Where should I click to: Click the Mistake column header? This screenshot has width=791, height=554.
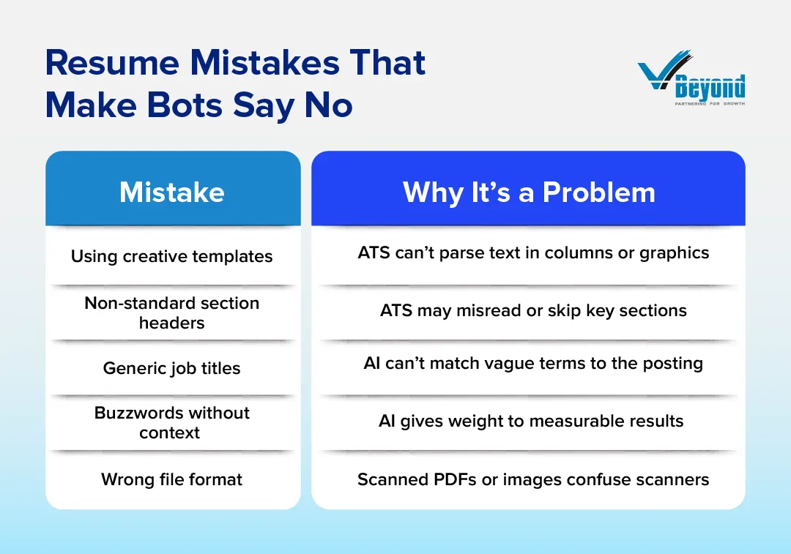tap(172, 192)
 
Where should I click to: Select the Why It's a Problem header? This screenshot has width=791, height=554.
tap(528, 192)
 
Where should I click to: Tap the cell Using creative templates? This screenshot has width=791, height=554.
tap(172, 257)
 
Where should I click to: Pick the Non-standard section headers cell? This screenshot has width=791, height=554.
tap(172, 312)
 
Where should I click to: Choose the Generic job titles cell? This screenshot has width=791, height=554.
tap(172, 368)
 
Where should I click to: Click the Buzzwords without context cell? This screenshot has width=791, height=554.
tap(172, 422)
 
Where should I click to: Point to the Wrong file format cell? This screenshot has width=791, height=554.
tap(172, 479)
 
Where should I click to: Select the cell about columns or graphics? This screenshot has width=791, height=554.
tap(533, 253)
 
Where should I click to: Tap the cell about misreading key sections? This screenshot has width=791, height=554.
tap(533, 310)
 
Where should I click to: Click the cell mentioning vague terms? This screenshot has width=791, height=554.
tap(533, 364)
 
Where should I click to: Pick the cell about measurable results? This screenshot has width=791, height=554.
tap(531, 421)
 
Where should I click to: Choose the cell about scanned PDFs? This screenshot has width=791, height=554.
tap(533, 479)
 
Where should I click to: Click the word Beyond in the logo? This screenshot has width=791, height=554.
tap(709, 88)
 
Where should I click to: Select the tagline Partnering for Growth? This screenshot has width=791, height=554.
tap(709, 104)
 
